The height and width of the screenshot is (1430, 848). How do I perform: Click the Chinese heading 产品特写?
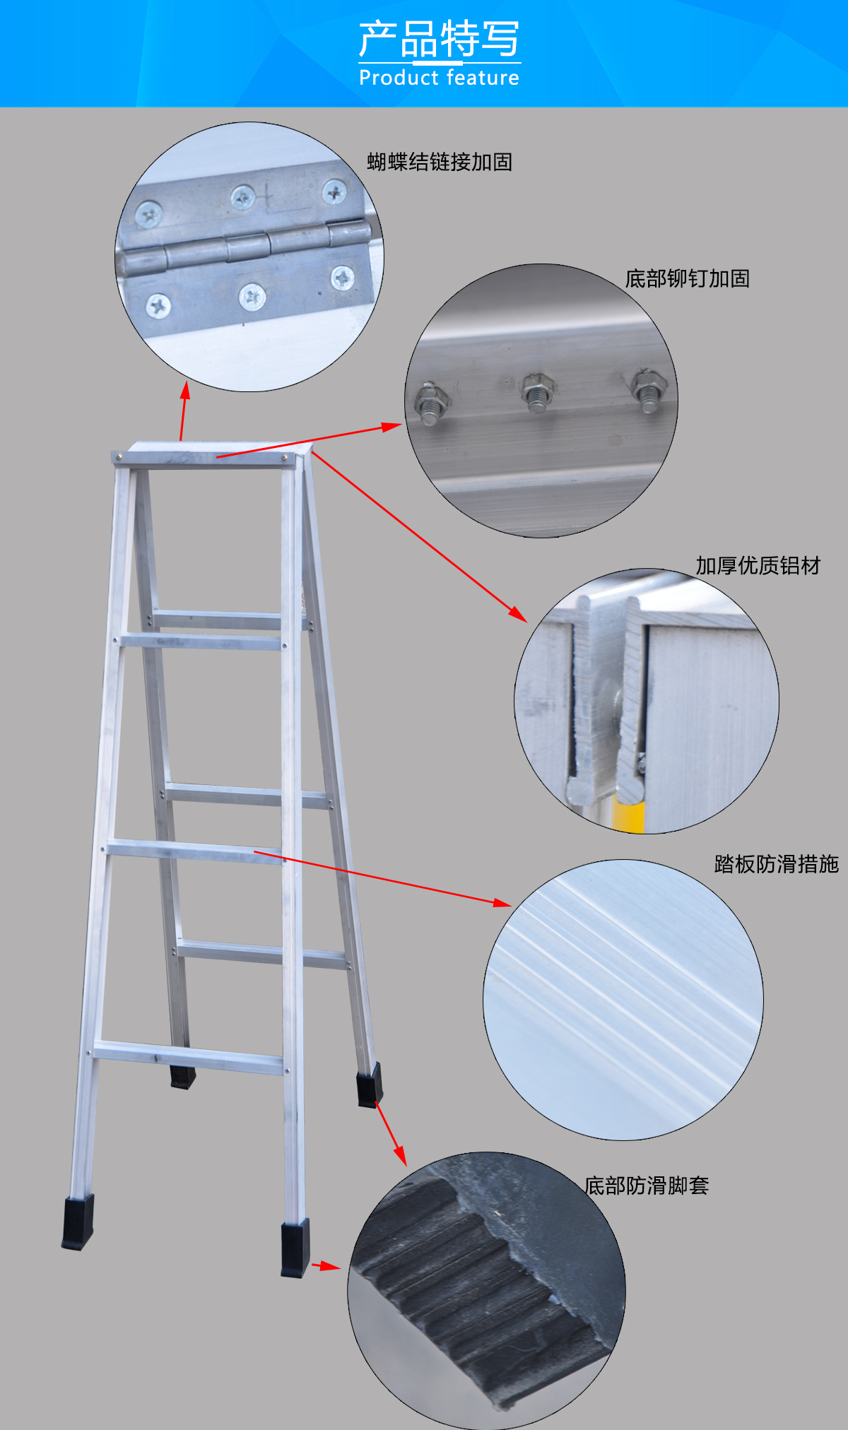[439, 39]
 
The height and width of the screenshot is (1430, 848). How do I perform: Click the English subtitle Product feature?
[439, 77]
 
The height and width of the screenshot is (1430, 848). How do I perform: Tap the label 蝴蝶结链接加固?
[440, 162]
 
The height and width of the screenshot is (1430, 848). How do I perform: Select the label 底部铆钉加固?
[688, 278]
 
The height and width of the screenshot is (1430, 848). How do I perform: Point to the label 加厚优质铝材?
[758, 565]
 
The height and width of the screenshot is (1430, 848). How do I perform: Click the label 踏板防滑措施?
[777, 863]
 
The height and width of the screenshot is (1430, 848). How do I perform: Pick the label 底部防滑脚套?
[647, 1185]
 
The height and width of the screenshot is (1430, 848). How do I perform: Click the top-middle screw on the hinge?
[243, 198]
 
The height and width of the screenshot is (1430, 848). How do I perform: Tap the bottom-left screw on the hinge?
[158, 306]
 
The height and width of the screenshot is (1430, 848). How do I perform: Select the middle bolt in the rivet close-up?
[538, 391]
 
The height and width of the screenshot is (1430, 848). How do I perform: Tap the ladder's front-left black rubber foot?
[78, 1222]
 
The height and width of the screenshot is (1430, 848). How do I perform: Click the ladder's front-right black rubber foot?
[295, 1248]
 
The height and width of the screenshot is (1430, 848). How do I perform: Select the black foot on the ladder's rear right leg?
[370, 1085]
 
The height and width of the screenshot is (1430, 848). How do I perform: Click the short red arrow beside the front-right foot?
[326, 1265]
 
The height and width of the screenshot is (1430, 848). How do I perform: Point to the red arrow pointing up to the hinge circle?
[184, 411]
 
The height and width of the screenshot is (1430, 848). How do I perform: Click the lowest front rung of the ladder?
[189, 1058]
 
